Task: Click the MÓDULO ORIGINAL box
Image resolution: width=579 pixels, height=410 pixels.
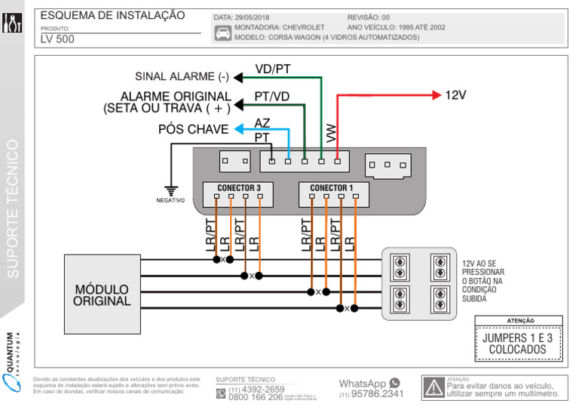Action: click(x=102, y=294)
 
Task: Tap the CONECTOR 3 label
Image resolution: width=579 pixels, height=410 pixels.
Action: click(x=238, y=188)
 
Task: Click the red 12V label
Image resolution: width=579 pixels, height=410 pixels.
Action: click(x=455, y=95)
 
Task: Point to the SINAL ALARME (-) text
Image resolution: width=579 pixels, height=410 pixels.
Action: click(x=182, y=77)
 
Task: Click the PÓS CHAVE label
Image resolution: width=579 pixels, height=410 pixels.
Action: click(x=193, y=129)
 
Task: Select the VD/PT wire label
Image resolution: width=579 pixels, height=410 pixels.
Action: click(x=272, y=69)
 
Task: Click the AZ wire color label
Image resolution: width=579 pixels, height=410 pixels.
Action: click(x=262, y=123)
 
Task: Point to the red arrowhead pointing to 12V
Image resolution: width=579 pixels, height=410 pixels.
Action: click(x=436, y=95)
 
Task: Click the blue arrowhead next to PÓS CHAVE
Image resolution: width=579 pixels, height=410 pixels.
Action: click(x=237, y=129)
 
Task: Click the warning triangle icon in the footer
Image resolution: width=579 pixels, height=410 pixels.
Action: click(x=433, y=387)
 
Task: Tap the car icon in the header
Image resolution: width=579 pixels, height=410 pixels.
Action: click(x=223, y=32)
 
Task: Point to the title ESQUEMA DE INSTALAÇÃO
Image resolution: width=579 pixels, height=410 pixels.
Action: click(x=112, y=15)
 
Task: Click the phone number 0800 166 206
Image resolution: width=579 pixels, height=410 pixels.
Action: click(x=255, y=397)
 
